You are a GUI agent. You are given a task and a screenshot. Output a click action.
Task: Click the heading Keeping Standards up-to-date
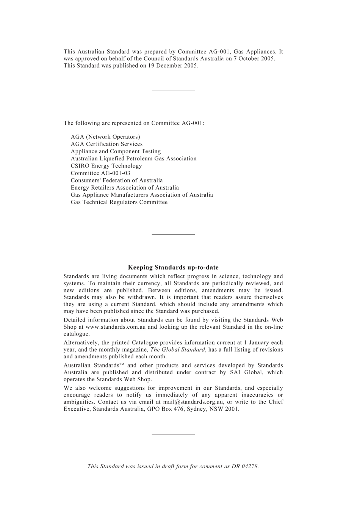click(173, 268)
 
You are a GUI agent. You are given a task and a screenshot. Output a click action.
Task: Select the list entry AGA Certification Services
click(106, 144)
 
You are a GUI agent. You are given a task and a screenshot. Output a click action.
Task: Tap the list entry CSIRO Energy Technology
click(106, 166)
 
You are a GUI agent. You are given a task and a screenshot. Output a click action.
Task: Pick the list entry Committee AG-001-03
click(100, 173)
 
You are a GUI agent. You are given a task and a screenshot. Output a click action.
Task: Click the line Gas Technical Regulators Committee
click(119, 202)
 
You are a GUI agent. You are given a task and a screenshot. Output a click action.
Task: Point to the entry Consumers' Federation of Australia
click(117, 180)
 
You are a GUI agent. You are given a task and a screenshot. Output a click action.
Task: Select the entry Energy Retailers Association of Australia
click(125, 188)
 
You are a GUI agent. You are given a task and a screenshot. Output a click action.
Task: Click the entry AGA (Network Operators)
click(105, 137)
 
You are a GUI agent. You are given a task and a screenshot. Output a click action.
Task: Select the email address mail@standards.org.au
click(193, 402)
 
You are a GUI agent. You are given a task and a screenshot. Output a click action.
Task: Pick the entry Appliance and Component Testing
click(116, 151)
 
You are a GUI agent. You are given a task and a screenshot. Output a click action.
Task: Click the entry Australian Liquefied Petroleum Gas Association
click(133, 158)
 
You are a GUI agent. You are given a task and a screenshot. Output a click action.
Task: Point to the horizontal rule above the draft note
click(173, 434)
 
